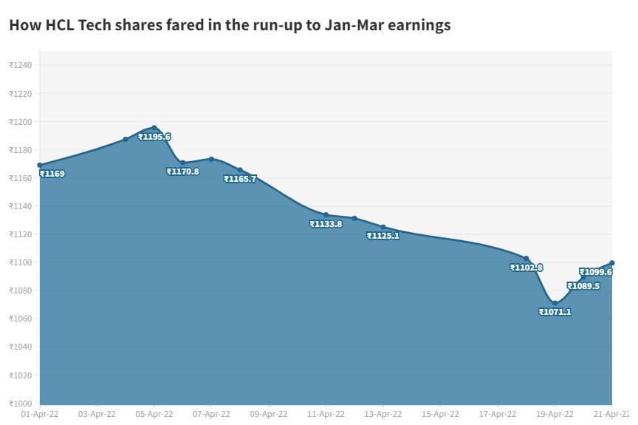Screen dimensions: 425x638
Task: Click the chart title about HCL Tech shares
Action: click(230, 25)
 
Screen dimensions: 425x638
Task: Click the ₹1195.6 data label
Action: click(154, 137)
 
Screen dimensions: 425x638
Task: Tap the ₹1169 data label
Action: click(52, 174)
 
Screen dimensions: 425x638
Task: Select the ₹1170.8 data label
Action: click(183, 171)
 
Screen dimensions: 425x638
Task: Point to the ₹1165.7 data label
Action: click(240, 179)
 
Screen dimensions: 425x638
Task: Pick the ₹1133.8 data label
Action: click(326, 224)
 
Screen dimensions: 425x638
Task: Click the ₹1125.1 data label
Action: click(383, 236)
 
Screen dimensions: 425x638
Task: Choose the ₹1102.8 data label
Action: click(526, 268)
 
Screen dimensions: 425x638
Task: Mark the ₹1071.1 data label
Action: click(555, 312)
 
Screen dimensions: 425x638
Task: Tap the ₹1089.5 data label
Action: click(583, 286)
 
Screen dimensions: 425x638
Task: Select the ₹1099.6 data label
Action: click(596, 272)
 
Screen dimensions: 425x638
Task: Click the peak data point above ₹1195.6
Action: click(154, 128)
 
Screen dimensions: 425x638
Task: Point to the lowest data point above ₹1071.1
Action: click(555, 303)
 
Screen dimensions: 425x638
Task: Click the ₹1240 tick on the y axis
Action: click(21, 65)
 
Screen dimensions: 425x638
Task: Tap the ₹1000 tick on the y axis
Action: click(21, 404)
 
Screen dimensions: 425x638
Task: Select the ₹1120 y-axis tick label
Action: click(21, 234)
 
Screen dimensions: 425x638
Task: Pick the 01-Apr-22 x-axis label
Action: click(41, 415)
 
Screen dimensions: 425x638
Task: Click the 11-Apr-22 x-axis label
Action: click(326, 415)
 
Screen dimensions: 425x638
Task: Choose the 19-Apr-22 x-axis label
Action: click(555, 415)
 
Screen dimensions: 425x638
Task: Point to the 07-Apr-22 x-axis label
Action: click(212, 415)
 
